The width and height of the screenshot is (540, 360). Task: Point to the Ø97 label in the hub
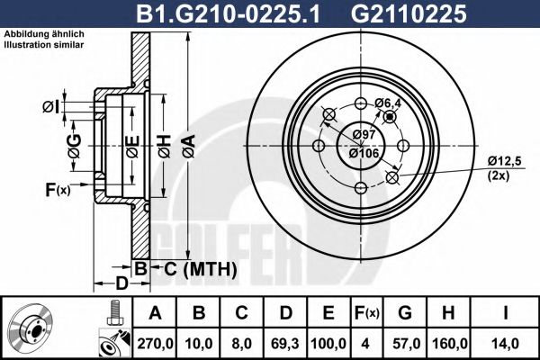[x=363, y=135]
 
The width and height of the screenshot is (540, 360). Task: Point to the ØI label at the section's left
[x=51, y=108]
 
